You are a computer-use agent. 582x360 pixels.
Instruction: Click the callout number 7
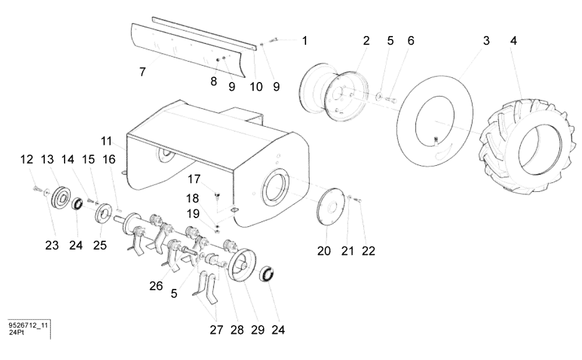point(142,72)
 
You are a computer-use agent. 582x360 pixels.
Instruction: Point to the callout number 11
point(105,141)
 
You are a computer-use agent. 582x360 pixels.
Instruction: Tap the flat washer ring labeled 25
point(104,213)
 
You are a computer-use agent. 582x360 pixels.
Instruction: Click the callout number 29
point(258,330)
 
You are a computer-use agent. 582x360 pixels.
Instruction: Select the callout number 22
point(368,251)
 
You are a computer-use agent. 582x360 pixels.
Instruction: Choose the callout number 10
point(256,87)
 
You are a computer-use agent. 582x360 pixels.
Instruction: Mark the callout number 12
point(27,160)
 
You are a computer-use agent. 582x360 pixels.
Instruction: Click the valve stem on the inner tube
point(436,140)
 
